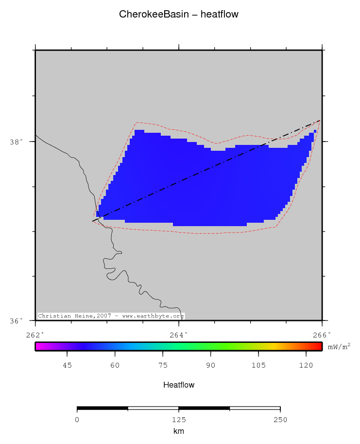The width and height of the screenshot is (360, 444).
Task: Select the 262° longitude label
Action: pos(35,335)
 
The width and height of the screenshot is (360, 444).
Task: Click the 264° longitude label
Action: pos(179,335)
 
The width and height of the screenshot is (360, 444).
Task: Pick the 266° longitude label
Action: pos(322,335)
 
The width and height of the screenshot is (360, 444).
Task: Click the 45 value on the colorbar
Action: pos(67,365)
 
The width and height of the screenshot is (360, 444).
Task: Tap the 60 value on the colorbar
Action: pos(115,365)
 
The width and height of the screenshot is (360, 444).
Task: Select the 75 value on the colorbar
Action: pos(163,365)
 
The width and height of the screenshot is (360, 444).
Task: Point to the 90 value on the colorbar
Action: pos(210,365)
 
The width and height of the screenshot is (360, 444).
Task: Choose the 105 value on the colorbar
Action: pos(258,365)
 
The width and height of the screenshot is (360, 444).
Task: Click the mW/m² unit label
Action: pos(339,346)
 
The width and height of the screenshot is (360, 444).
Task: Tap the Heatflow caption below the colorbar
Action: pos(179,385)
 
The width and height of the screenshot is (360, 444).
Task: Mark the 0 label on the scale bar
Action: pos(77,420)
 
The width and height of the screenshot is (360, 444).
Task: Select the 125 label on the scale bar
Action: pos(179,420)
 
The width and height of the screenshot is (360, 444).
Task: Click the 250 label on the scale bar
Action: pos(280,420)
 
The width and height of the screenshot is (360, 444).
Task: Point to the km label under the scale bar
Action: pos(179,431)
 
